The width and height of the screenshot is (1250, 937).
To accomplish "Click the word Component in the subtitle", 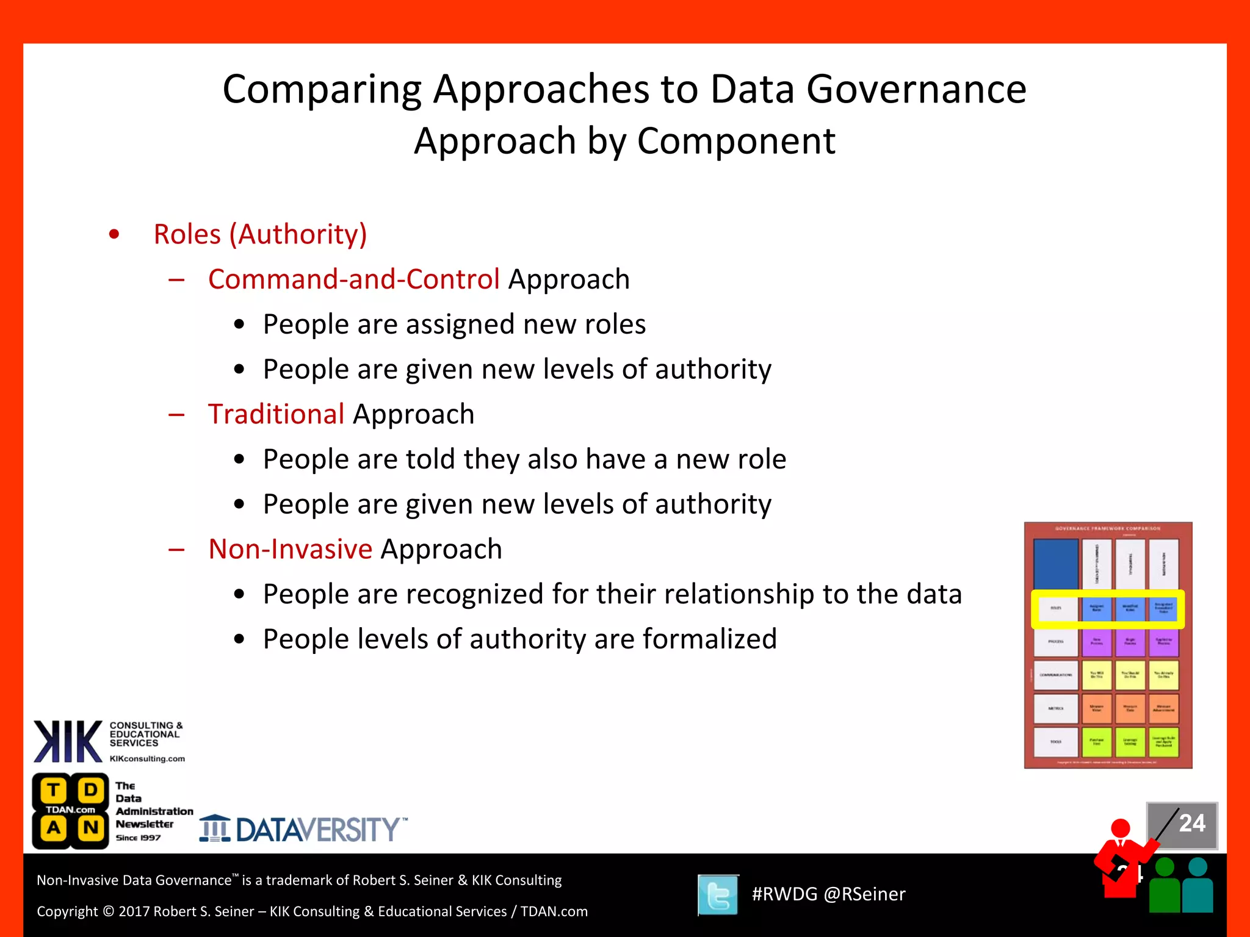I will click(735, 141).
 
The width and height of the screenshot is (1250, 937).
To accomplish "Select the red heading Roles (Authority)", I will click(260, 234).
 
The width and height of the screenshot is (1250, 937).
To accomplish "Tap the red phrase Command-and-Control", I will click(353, 279).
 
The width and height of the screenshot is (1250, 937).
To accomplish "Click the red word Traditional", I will click(276, 414).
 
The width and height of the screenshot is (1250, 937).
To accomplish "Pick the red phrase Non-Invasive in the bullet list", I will click(290, 549).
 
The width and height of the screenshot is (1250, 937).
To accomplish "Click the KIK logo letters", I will click(67, 741).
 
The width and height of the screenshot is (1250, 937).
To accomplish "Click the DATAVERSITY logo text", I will click(317, 830).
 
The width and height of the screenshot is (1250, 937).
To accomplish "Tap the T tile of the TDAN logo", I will click(54, 790).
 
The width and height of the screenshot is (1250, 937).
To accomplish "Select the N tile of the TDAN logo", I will click(91, 828).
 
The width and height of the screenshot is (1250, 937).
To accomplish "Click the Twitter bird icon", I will click(718, 895).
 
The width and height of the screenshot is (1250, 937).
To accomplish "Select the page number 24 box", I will click(1182, 824).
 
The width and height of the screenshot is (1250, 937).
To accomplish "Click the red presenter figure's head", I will click(1120, 828).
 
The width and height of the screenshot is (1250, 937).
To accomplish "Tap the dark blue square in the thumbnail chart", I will click(1055, 564).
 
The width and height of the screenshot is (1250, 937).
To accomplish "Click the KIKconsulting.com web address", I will click(147, 759).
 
